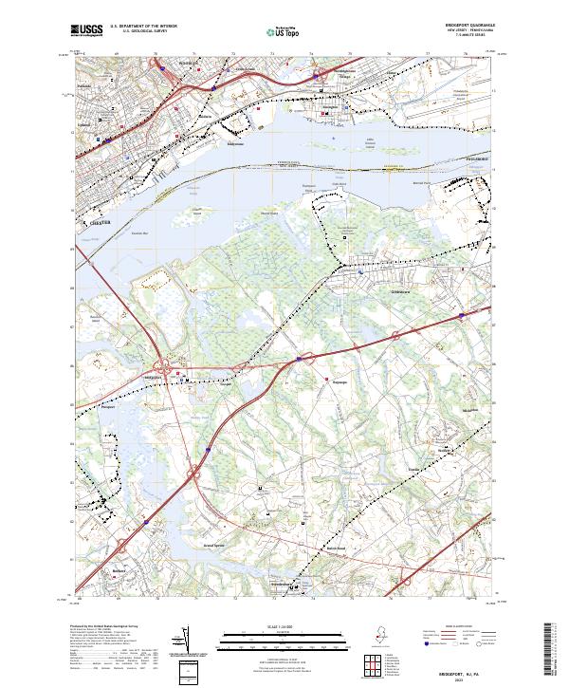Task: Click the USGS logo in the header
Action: (87, 31)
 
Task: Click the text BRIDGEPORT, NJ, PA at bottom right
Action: (461, 670)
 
